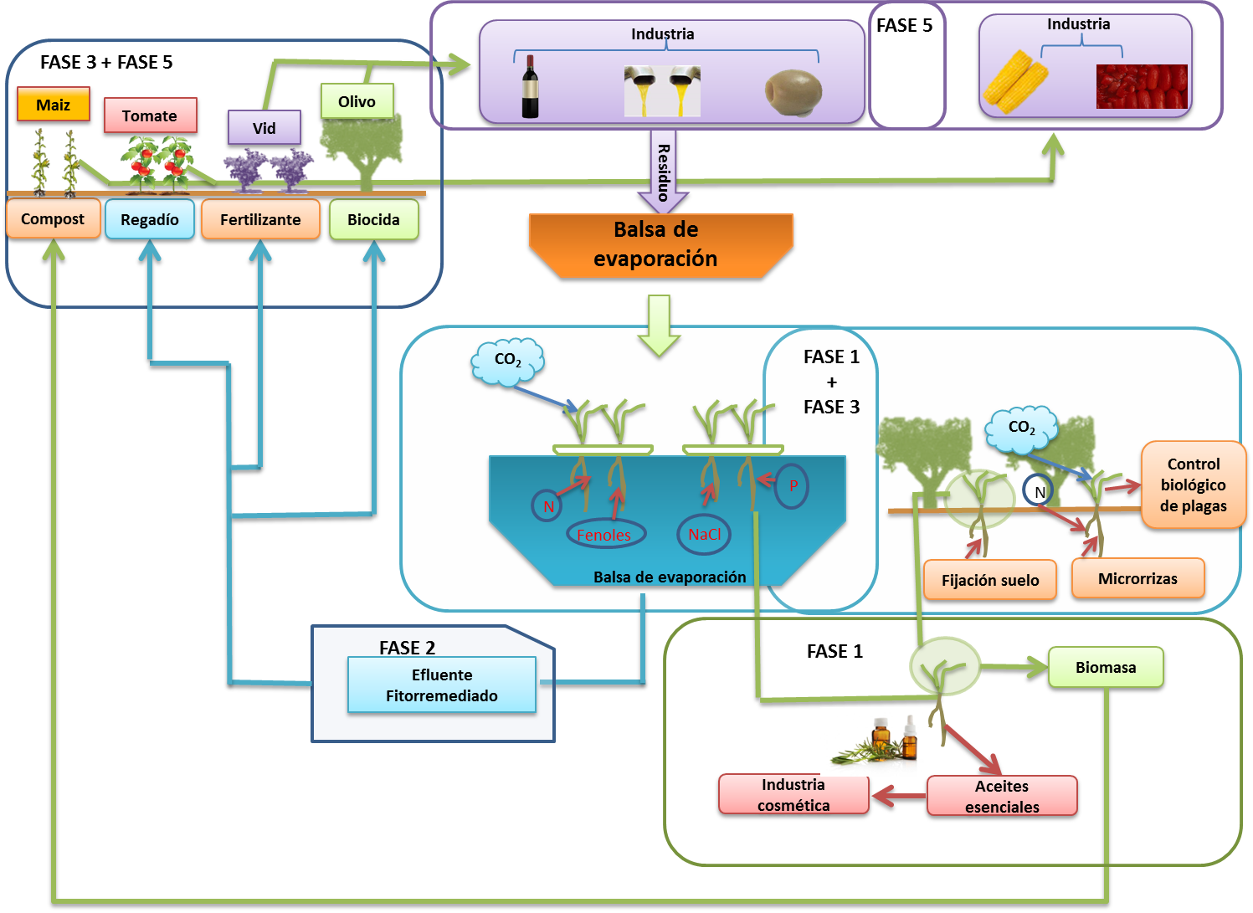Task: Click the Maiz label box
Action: coord(53,105)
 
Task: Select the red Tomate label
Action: coord(150,115)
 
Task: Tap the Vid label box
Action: coord(264,128)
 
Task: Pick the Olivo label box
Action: coord(357,101)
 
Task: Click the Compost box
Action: coord(53,219)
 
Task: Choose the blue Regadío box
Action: coord(150,219)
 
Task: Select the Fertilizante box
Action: coord(260,219)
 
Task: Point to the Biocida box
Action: coord(373,219)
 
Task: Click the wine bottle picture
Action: coord(530,87)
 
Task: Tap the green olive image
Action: coord(793,91)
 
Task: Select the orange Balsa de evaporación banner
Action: coord(660,244)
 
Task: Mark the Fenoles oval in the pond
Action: coord(605,535)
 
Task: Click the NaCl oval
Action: coord(704,534)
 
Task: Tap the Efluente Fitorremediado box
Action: coord(441,685)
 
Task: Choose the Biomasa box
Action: coord(1106,667)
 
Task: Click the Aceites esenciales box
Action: coord(1002,796)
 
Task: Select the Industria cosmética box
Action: coord(793,794)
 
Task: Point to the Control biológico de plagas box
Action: coord(1193,485)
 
